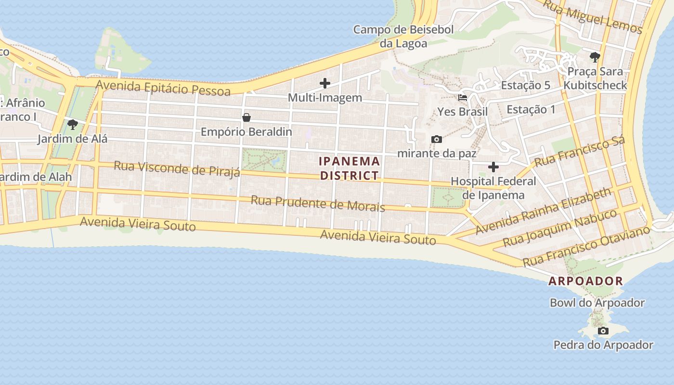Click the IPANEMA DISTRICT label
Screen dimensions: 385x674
pyautogui.click(x=350, y=168)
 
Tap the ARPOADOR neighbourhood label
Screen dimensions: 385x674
pyautogui.click(x=586, y=281)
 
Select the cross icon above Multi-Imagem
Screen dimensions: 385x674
pyautogui.click(x=325, y=83)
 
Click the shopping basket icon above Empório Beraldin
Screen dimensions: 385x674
pyautogui.click(x=246, y=117)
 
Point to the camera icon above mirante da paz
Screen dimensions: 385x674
pyautogui.click(x=437, y=139)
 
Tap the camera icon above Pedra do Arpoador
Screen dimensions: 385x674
pyautogui.click(x=603, y=331)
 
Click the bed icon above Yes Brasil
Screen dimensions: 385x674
pyautogui.click(x=463, y=97)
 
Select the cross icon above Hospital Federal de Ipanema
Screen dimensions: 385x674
pyautogui.click(x=493, y=167)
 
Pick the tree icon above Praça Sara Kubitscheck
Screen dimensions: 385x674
pyautogui.click(x=595, y=57)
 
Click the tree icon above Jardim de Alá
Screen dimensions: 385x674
pyautogui.click(x=73, y=125)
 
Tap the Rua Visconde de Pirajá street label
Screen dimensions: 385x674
pyautogui.click(x=177, y=169)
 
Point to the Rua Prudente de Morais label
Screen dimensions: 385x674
pyautogui.click(x=318, y=203)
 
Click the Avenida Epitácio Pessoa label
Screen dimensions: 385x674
pyautogui.click(x=163, y=88)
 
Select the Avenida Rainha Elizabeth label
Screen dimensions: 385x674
pyautogui.click(x=543, y=211)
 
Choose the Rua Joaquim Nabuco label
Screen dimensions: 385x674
pyautogui.click(x=559, y=228)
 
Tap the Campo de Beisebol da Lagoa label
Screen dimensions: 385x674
pyautogui.click(x=403, y=37)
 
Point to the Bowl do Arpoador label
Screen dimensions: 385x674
pyautogui.click(x=597, y=303)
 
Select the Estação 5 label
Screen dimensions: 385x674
pyautogui.click(x=525, y=85)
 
